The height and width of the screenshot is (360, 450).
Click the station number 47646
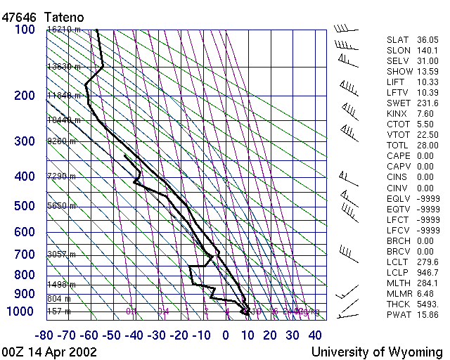[x=19, y=15]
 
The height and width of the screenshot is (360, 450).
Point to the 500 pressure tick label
[x=25, y=206]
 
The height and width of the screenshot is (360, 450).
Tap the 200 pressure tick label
[x=25, y=96]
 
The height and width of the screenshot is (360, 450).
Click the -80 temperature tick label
[x=46, y=335]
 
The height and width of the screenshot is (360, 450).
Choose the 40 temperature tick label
[x=314, y=335]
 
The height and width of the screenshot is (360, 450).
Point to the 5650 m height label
[x=61, y=206]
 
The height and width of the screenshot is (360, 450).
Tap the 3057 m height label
[x=61, y=254]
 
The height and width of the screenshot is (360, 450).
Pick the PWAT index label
[x=399, y=315]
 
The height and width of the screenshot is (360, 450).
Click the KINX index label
[x=398, y=114]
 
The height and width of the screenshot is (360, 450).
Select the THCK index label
[x=399, y=304]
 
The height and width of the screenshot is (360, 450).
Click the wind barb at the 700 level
[x=345, y=251]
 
